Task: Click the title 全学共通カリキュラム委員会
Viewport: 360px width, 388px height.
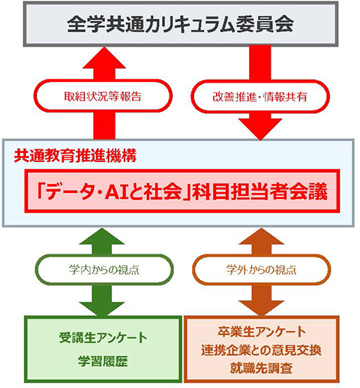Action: click(180, 24)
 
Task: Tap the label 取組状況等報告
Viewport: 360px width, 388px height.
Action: click(103, 96)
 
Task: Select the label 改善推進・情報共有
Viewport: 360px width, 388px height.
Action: click(260, 97)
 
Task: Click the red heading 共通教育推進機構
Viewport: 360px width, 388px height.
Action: click(75, 155)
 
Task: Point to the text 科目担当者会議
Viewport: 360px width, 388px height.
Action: click(259, 191)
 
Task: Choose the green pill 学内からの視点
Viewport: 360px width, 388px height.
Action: click(104, 269)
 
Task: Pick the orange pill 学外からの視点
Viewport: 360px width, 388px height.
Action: click(262, 269)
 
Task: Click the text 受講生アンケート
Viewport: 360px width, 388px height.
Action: click(103, 338)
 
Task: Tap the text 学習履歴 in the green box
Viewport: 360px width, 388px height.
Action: click(103, 361)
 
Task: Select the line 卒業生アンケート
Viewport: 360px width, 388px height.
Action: click(262, 332)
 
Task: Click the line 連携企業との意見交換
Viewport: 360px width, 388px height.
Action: click(262, 350)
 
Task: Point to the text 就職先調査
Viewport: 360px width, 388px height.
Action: click(262, 368)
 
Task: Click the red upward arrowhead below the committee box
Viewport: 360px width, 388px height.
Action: click(104, 58)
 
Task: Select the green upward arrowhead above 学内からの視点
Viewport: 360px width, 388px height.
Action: click(103, 236)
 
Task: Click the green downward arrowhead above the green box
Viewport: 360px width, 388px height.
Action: click(102, 309)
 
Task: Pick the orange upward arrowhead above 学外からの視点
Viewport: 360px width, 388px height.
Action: click(262, 236)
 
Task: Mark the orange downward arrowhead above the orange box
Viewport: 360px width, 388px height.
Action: click(261, 308)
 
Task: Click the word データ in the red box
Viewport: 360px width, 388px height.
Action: click(68, 192)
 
